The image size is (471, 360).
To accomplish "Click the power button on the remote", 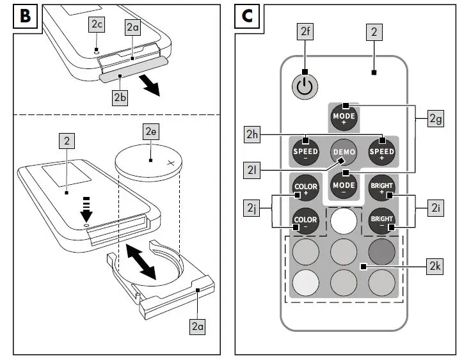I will [305, 87].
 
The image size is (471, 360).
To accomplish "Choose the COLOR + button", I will [305, 188].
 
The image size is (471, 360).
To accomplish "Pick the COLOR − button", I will [305, 221].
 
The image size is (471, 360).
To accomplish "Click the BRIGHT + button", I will [382, 188].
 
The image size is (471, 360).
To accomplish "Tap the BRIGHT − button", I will [382, 221].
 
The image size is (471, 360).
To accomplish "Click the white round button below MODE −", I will [344, 221].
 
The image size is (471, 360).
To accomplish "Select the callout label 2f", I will [305, 30].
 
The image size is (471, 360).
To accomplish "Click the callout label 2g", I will [436, 118].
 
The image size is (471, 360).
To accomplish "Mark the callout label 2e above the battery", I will [151, 132].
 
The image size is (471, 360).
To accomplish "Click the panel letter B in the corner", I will [24, 16].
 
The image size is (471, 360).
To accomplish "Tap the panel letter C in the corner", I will [247, 16].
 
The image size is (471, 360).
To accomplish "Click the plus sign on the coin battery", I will [170, 164].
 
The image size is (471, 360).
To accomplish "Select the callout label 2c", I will [97, 24].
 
